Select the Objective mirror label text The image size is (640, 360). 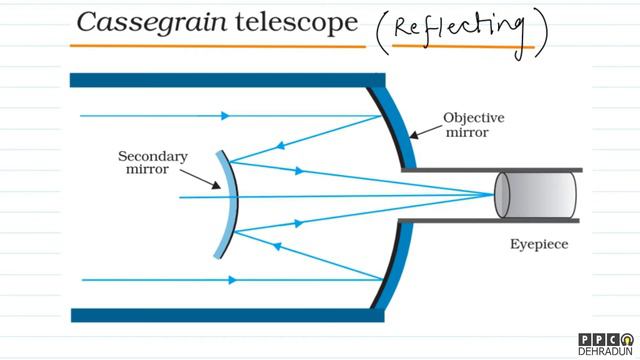(473, 125)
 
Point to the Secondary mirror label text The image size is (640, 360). (152, 164)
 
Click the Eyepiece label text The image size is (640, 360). (540, 243)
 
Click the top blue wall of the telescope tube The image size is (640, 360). (220, 79)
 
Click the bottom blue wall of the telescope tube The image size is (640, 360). (220, 315)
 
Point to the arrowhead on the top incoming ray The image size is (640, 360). (230, 116)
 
